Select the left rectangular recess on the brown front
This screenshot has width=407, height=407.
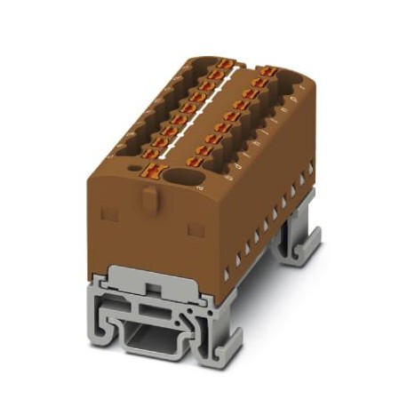109,214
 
